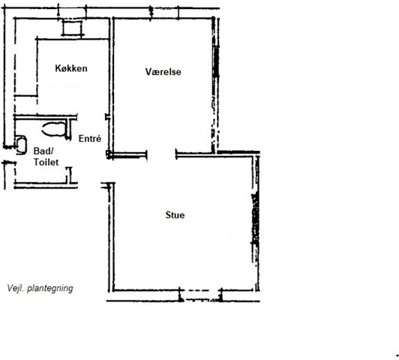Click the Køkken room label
click(x=71, y=68)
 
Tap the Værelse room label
click(x=163, y=71)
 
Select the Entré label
click(x=90, y=139)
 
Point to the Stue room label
click(x=175, y=215)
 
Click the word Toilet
click(x=46, y=162)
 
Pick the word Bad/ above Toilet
click(x=43, y=151)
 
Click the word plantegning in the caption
click(x=50, y=288)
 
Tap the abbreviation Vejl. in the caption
click(x=16, y=288)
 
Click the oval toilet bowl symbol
click(x=54, y=129)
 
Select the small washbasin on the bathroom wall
click(x=21, y=145)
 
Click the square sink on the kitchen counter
click(x=73, y=28)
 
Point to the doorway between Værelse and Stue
click(x=161, y=154)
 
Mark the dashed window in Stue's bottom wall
click(x=200, y=295)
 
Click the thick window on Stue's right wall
click(x=256, y=219)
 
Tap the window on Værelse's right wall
click(x=216, y=61)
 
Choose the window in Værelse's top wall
click(x=164, y=13)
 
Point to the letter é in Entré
click(x=98, y=139)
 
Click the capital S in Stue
click(x=169, y=215)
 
